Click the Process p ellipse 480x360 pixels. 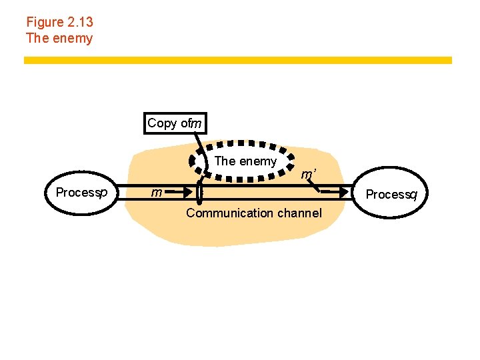tap(82, 193)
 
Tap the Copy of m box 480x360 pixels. tap(175, 123)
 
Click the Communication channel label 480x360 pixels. tap(253, 213)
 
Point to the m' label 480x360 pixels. tap(307, 175)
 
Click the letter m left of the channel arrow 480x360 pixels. tap(156, 193)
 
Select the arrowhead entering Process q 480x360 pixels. tap(346, 193)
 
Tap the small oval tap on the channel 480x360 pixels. tap(199, 193)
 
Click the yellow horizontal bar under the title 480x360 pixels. tap(238, 60)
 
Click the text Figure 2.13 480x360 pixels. tap(59, 22)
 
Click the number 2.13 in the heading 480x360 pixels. tap(80, 22)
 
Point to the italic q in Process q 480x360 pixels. tap(413, 195)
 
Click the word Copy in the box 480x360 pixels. tap(162, 123)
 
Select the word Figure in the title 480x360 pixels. tap(45, 22)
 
